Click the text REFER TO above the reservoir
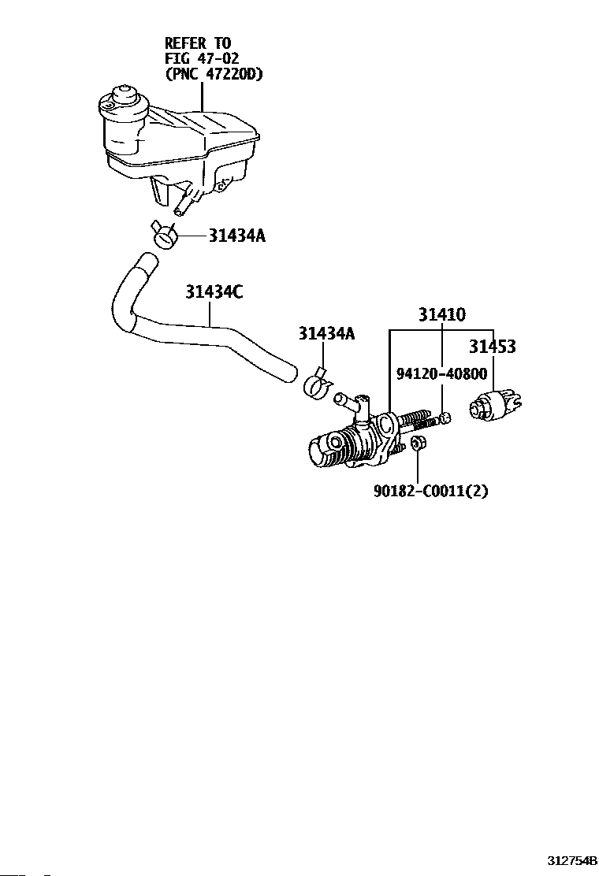point(198,43)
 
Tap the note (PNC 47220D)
point(214,75)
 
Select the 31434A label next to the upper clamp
point(236,236)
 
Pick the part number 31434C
point(214,291)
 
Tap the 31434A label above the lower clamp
point(326,334)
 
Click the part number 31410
point(441,315)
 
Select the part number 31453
point(493,347)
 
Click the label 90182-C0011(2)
point(430,491)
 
